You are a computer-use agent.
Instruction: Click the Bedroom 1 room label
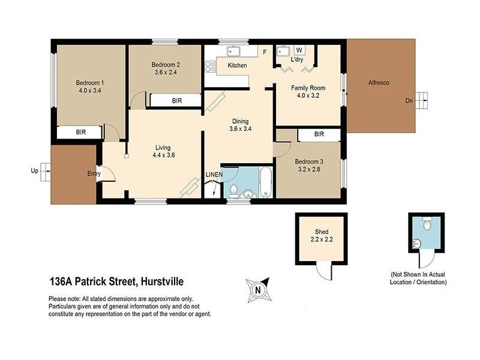click(x=89, y=83)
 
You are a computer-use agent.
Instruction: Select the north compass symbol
click(x=258, y=289)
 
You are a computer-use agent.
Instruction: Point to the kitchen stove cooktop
click(x=210, y=67)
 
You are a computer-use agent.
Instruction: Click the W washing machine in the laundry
click(x=298, y=50)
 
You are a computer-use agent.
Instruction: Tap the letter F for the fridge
click(x=265, y=52)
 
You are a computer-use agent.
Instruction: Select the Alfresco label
click(x=379, y=83)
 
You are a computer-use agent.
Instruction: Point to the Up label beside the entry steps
click(x=34, y=170)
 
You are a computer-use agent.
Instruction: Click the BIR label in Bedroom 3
click(x=319, y=134)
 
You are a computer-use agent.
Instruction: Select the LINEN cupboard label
click(x=214, y=175)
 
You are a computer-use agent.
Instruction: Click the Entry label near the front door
click(x=94, y=173)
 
